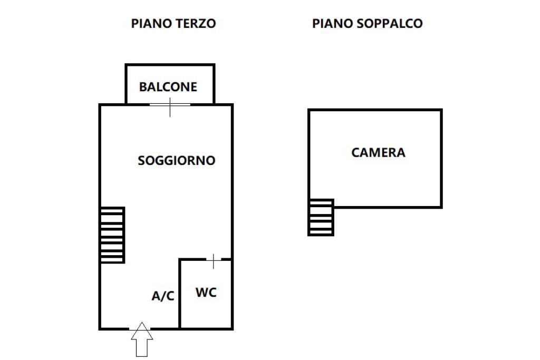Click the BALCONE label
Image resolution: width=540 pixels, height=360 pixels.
(168, 87)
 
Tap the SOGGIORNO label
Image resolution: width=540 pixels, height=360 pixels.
(177, 161)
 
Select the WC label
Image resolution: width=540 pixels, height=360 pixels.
(206, 293)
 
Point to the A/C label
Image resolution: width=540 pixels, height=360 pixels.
(163, 296)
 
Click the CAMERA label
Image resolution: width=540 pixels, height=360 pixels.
(378, 153)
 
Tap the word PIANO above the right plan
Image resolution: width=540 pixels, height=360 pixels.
(331, 24)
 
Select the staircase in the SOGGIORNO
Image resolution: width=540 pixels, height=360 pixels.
(113, 235)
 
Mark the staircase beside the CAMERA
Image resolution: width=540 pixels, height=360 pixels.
(321, 217)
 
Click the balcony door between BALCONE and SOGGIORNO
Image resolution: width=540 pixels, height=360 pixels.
(170, 105)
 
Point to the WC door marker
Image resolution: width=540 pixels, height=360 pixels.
(213, 259)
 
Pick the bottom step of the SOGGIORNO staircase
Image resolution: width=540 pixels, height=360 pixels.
(113, 258)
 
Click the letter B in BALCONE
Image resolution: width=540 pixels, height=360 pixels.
(143, 87)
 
